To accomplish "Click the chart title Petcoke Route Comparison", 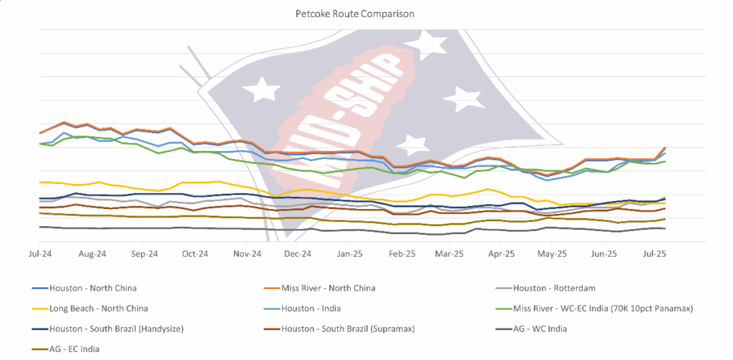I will pos(366,14).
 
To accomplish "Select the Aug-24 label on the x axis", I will pos(92,254).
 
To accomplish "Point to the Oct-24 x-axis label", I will pos(195,254).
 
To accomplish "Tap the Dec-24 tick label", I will pos(298,254).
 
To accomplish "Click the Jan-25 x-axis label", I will pos(350,254).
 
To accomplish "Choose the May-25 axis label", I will pos(552,254).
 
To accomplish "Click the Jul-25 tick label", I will pos(654,254).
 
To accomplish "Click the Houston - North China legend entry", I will pos(92,288).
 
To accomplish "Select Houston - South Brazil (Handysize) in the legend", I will pos(111,329).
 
